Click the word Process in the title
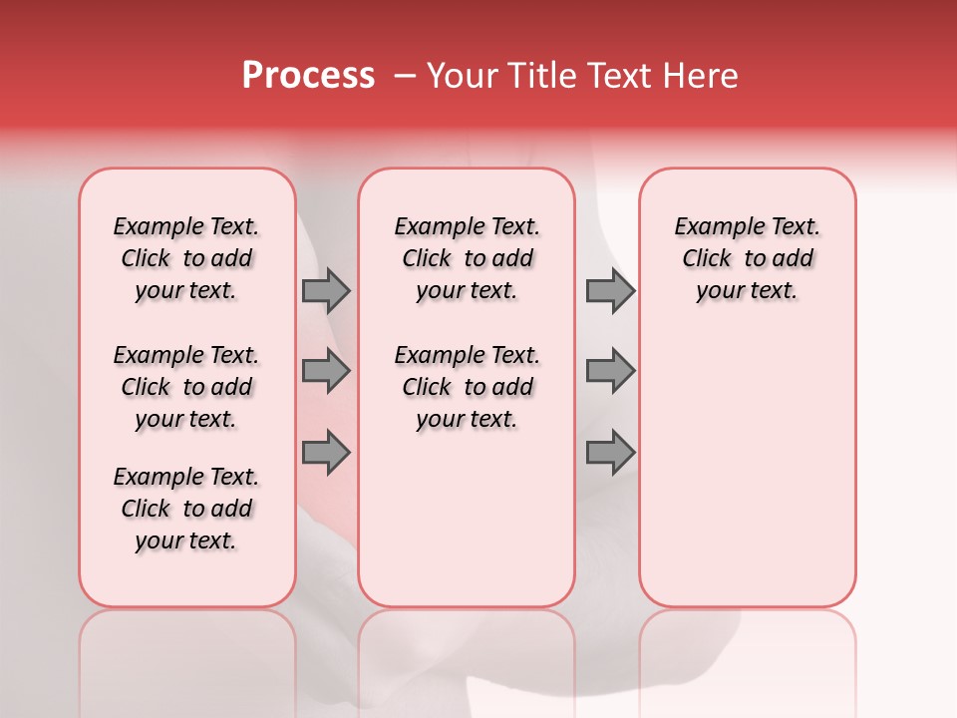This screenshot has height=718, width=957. click(308, 76)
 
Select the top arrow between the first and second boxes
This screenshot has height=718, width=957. click(326, 290)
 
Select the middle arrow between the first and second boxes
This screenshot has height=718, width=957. click(326, 371)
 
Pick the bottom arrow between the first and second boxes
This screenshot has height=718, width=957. click(326, 453)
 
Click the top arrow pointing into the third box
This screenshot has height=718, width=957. click(610, 290)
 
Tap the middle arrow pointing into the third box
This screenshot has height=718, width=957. click(610, 371)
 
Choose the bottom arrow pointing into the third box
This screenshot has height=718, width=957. click(610, 453)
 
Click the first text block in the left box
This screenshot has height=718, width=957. click(186, 258)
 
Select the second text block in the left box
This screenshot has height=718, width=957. click(186, 387)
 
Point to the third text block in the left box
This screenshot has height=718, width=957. click(186, 509)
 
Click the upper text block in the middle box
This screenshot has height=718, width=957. click(467, 258)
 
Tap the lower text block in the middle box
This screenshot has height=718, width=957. click(467, 387)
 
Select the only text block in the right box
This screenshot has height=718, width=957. click(747, 258)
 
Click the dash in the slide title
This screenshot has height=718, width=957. click(405, 76)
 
